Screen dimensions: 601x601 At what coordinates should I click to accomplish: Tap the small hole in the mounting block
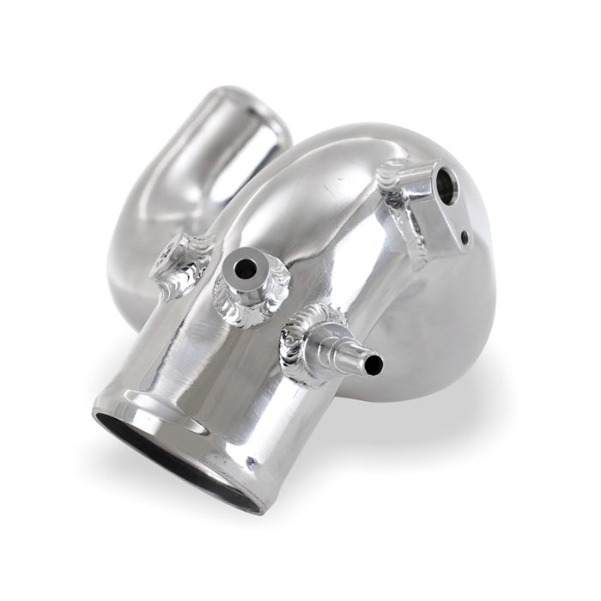point(464,237)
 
